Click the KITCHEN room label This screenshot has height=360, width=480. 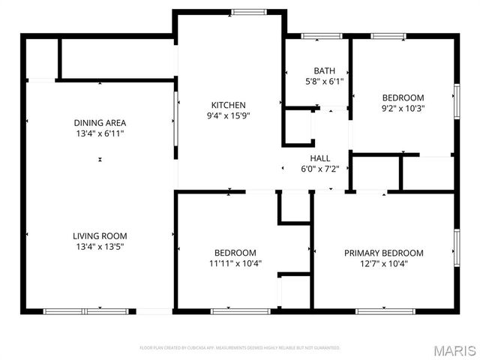tap(228, 105)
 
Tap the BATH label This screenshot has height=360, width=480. tap(325, 71)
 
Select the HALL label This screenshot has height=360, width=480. tap(320, 158)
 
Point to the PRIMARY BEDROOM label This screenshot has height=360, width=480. tap(383, 253)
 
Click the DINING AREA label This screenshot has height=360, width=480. tap(100, 123)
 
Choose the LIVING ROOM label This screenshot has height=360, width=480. tap(100, 235)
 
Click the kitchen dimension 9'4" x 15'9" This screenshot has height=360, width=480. tap(228, 115)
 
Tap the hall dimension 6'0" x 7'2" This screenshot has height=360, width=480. tap(320, 169)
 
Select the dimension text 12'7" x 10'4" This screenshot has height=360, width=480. tap(383, 264)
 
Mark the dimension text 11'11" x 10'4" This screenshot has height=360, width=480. tap(235, 264)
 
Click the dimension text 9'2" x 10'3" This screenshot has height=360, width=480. tap(403, 108)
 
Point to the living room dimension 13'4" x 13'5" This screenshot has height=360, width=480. tap(100, 246)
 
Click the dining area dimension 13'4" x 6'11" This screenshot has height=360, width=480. tap(100, 133)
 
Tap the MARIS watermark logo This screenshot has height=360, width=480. tap(454, 350)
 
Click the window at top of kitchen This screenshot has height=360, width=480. tap(247, 11)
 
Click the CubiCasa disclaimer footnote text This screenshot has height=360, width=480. tap(240, 348)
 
